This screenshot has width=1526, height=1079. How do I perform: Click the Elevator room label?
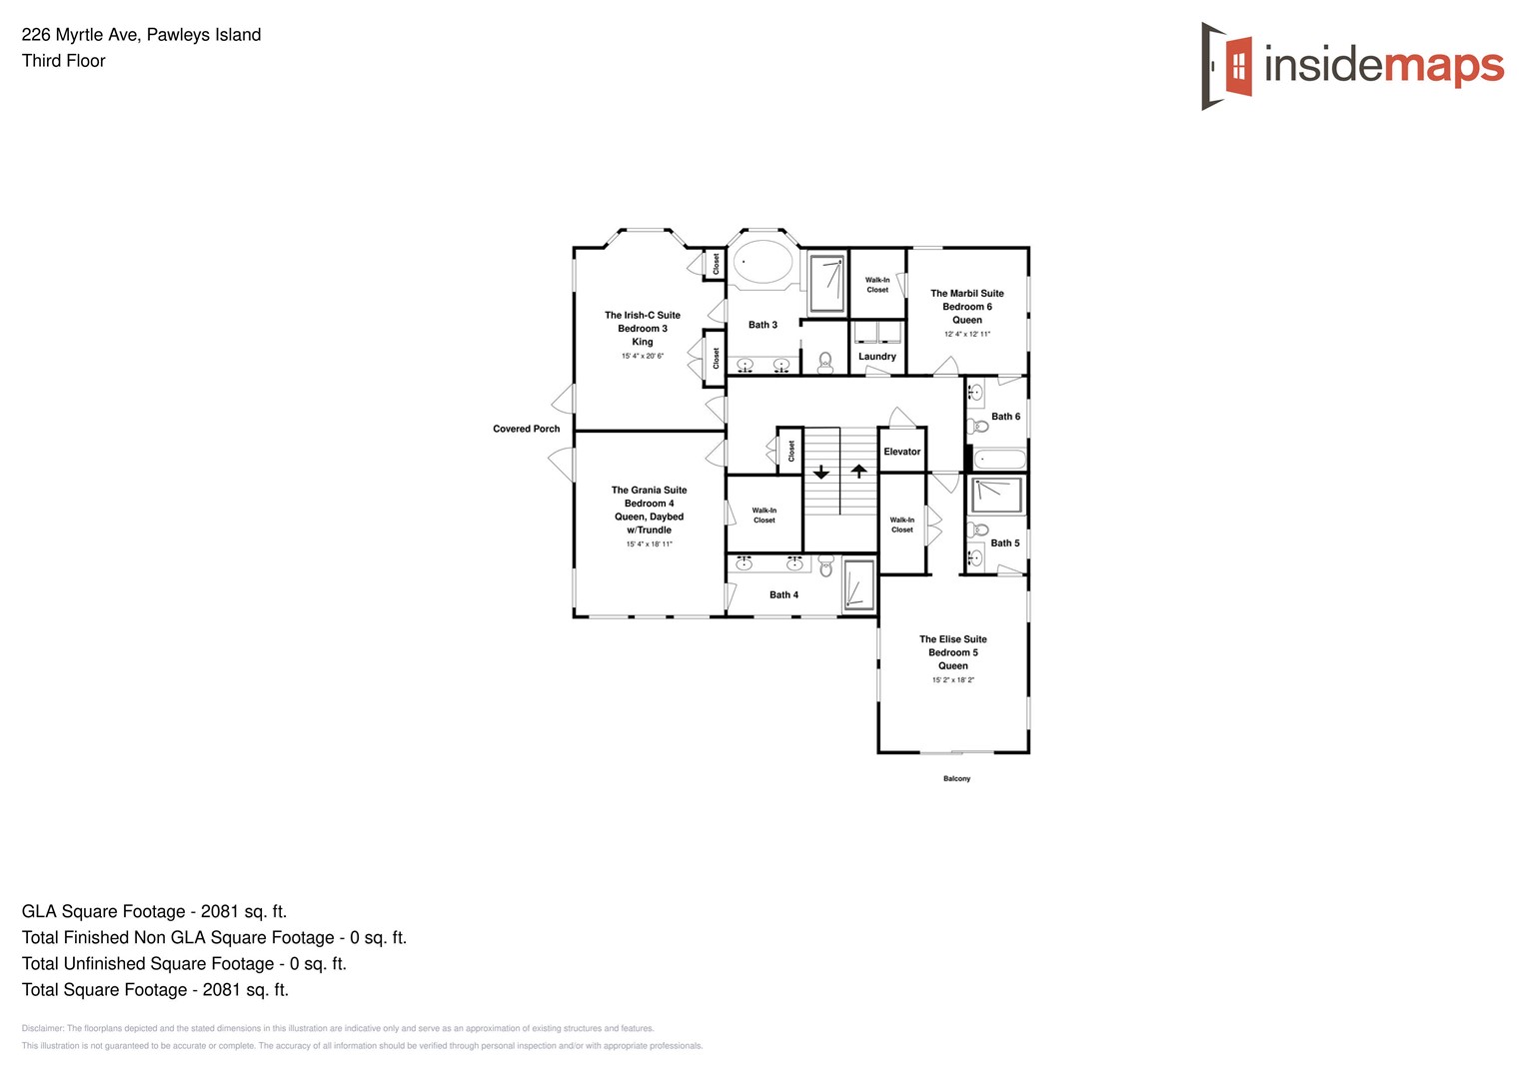tap(901, 452)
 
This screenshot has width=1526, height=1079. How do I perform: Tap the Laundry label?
tap(876, 357)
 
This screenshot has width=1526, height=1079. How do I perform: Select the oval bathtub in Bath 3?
tap(763, 263)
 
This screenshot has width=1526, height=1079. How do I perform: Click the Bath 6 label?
tap(1005, 417)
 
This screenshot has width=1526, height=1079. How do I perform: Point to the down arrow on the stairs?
tap(820, 472)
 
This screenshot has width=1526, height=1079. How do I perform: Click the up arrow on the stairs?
tap(858, 471)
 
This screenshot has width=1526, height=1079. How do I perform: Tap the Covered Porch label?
tap(526, 429)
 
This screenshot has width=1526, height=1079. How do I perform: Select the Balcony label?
tap(956, 778)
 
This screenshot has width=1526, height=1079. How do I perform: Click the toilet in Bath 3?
tap(824, 362)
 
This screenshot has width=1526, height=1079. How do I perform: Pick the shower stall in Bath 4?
tap(857, 584)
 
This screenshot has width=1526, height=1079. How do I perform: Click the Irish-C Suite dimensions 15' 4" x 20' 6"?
tap(642, 356)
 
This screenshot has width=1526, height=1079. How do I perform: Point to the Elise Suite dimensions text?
tap(952, 680)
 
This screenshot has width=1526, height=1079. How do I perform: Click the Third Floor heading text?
tap(64, 61)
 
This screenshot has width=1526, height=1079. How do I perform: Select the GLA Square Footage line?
tap(154, 911)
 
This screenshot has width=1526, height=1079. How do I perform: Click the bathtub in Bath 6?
tap(999, 460)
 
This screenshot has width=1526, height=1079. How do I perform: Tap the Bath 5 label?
tap(1005, 543)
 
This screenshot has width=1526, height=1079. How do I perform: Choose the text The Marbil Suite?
tap(966, 294)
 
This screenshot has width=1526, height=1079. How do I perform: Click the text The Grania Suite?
tap(649, 491)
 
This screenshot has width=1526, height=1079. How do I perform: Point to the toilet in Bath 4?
tap(825, 567)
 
